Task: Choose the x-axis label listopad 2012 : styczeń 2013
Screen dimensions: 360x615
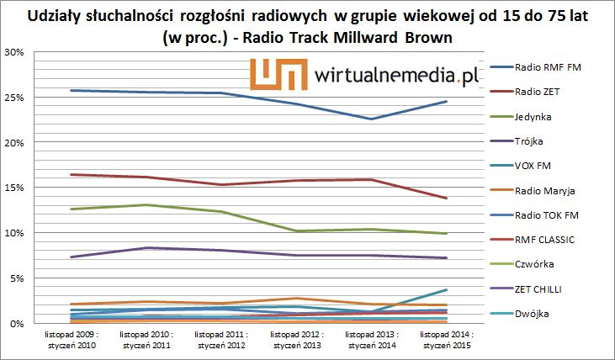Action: [295, 339]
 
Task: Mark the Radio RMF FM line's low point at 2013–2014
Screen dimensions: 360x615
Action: [370, 119]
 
